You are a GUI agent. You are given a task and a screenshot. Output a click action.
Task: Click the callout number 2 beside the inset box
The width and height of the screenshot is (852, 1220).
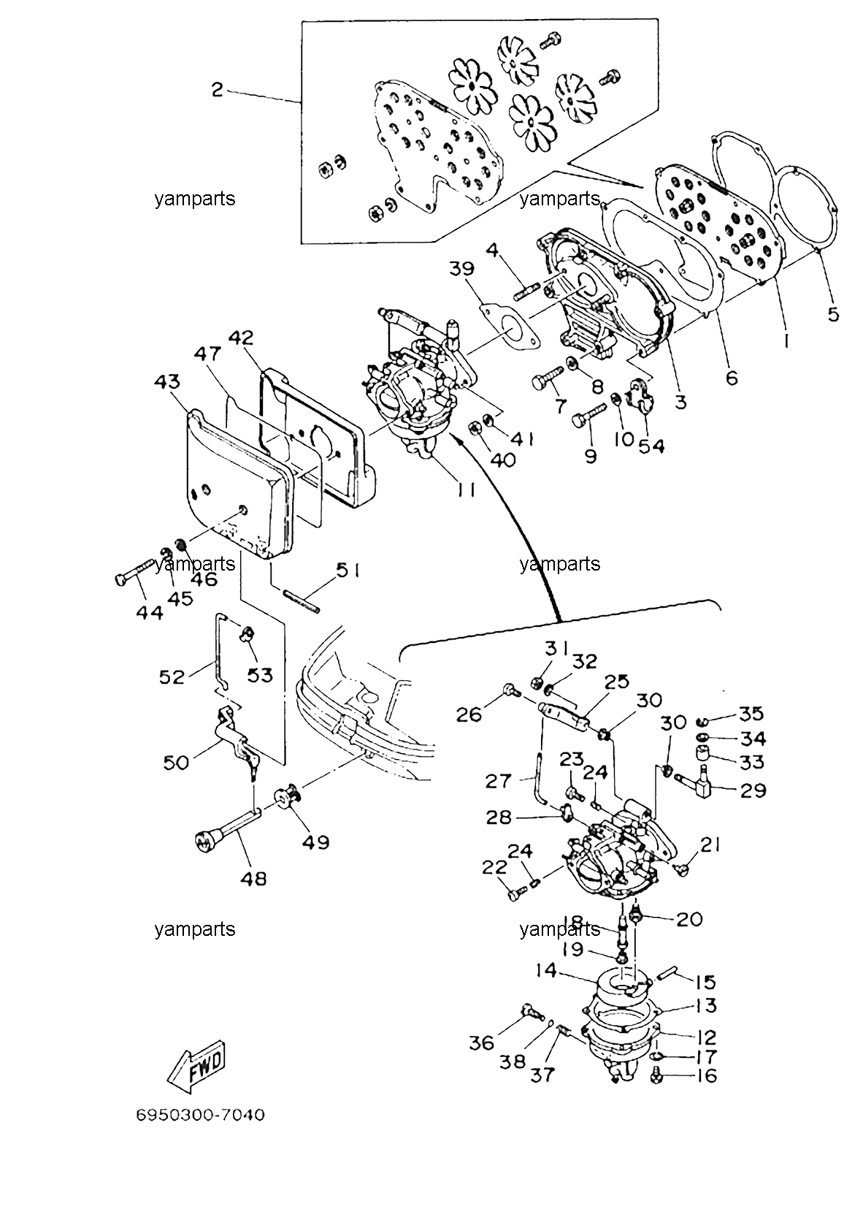click(218, 90)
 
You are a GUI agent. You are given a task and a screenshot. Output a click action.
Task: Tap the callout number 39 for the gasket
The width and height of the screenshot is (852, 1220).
click(461, 269)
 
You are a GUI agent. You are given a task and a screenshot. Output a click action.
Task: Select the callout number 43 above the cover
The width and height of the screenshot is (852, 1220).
click(167, 382)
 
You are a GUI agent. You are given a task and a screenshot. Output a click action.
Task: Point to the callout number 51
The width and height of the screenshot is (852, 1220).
click(348, 571)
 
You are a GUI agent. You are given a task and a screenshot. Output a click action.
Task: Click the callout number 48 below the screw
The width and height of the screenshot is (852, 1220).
click(253, 878)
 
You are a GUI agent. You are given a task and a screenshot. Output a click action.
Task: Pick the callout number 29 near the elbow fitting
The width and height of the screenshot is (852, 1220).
click(753, 790)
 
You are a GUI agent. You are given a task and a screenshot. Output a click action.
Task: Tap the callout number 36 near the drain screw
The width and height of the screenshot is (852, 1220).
click(481, 1043)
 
